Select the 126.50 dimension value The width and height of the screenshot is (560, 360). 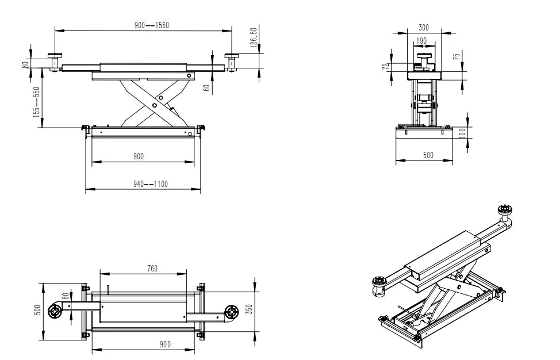(x=254, y=39)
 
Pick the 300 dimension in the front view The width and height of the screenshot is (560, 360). (x=424, y=27)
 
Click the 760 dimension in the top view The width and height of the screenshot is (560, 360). (x=152, y=268)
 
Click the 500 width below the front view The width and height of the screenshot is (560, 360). (x=428, y=155)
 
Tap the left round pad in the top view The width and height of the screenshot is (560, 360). (x=55, y=311)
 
